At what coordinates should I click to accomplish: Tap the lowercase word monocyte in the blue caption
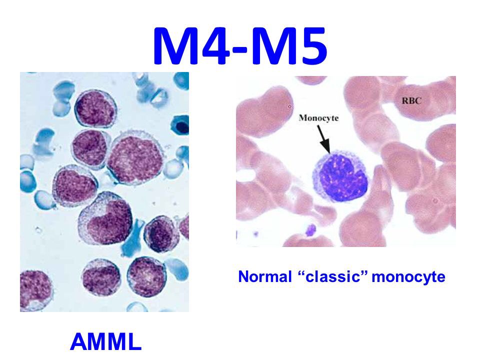[408, 277]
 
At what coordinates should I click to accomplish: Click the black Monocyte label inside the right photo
[319, 118]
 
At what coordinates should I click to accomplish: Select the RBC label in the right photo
[411, 100]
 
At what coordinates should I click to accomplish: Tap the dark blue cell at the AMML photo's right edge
[180, 124]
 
